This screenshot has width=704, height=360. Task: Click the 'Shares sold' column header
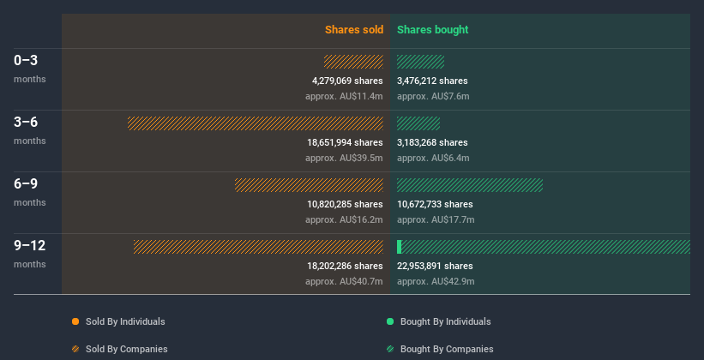coord(353,30)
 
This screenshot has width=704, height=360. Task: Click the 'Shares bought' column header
coord(432,30)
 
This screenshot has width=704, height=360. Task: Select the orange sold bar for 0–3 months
coord(353,62)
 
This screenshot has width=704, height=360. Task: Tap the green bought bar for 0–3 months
coord(420,62)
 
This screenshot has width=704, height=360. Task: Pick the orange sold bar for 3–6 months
coord(256,123)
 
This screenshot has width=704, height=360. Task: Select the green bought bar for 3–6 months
coord(418,123)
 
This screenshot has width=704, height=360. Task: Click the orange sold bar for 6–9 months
coord(309,185)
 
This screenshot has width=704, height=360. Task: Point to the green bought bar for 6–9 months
coord(470,185)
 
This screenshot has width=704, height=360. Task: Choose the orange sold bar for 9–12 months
coord(258,247)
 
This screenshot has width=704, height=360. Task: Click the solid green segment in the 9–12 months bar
coord(400,247)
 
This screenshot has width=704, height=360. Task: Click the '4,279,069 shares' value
coord(347,81)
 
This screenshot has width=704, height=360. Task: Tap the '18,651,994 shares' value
coord(345,143)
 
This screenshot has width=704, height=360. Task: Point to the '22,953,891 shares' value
coord(435,267)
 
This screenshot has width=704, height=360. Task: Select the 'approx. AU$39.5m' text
coord(344,158)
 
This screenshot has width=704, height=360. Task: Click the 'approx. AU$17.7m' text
coord(436,219)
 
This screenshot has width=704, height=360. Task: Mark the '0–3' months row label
coord(26,61)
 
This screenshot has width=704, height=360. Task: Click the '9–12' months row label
coord(29,246)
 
